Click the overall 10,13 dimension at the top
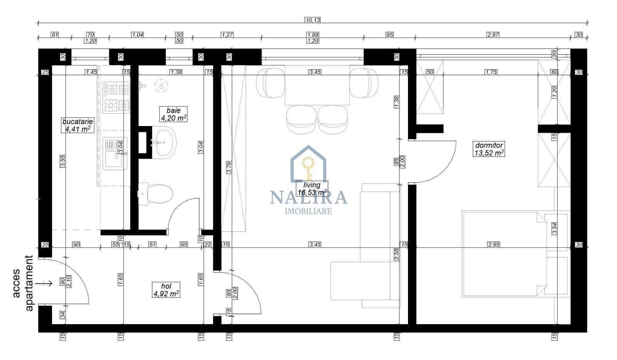point(312,20)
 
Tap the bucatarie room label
point(78,125)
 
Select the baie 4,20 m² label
point(174,114)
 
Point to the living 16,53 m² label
point(312,188)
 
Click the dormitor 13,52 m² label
point(489,149)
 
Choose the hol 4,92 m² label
point(166,290)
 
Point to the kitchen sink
point(115,154)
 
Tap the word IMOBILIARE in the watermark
point(308,211)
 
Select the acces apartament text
point(24,283)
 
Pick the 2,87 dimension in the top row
point(493,35)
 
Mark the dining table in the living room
point(317,85)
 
